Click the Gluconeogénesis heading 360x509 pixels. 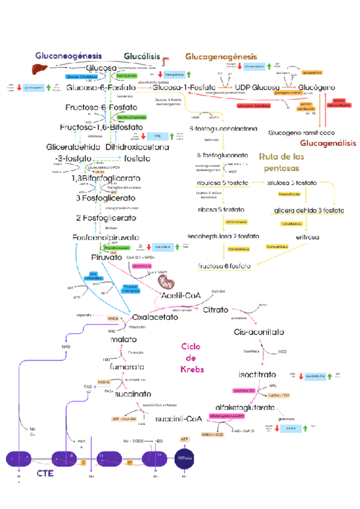[67, 56]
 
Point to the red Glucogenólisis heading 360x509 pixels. [328, 143]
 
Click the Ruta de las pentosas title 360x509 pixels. [286, 162]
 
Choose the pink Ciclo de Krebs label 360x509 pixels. [192, 358]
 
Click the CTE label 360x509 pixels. [46, 473]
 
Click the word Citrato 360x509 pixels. [215, 310]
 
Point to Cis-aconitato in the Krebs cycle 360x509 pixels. [259, 332]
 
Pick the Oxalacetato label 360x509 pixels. [154, 316]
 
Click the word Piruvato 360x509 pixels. [107, 258]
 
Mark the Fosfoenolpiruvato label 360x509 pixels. [107, 238]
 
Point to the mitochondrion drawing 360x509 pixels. [165, 280]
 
